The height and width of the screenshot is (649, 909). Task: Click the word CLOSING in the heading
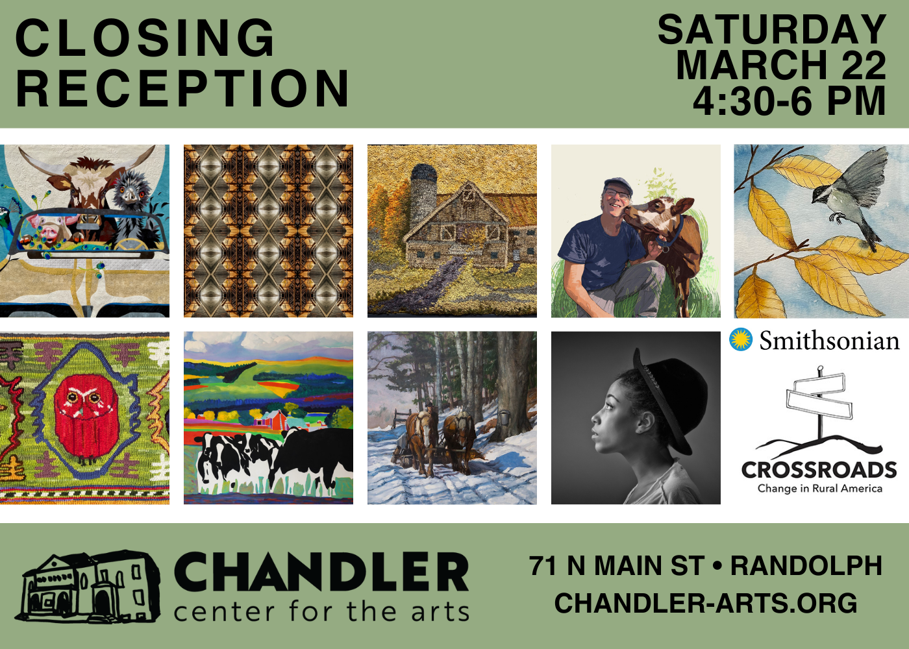(144, 38)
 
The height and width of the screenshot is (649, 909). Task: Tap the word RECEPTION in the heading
(182, 88)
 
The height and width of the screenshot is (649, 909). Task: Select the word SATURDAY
(772, 29)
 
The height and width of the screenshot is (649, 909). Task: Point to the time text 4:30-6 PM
(790, 100)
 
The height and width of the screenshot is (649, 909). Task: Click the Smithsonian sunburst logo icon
(741, 339)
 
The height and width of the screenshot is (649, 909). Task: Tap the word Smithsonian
(830, 341)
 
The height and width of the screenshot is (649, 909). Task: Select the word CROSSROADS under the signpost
(819, 470)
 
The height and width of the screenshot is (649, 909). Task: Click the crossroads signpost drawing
(819, 410)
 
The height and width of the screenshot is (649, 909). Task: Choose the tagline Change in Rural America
(819, 488)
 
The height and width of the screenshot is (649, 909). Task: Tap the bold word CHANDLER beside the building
(321, 572)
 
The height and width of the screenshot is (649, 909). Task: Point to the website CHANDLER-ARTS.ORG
(706, 603)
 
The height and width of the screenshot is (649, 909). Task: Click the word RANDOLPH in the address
(806, 565)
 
